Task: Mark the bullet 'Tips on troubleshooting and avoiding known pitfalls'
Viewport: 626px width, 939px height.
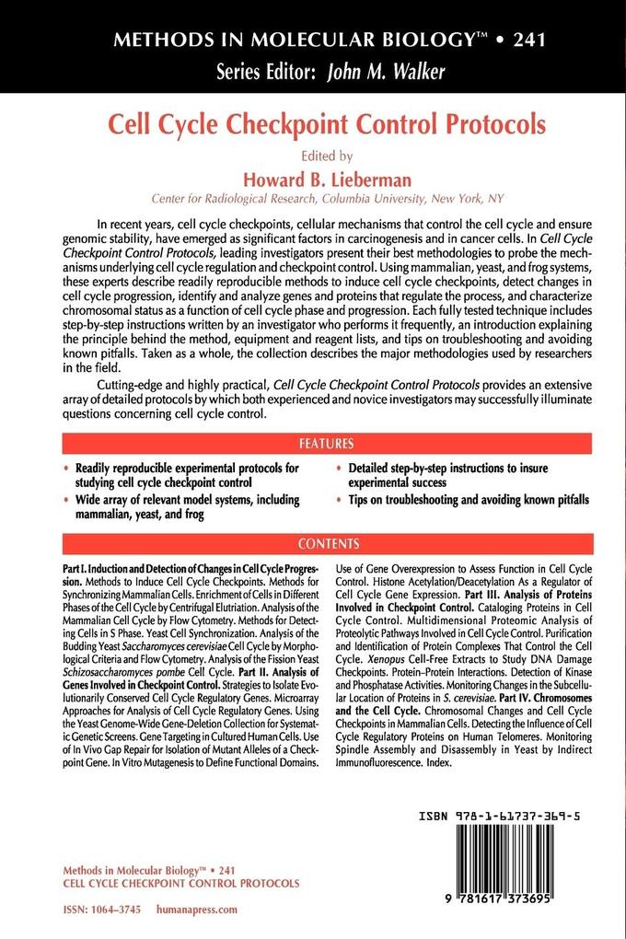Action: [x=469, y=500]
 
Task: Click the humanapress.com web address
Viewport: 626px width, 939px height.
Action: [x=203, y=908]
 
